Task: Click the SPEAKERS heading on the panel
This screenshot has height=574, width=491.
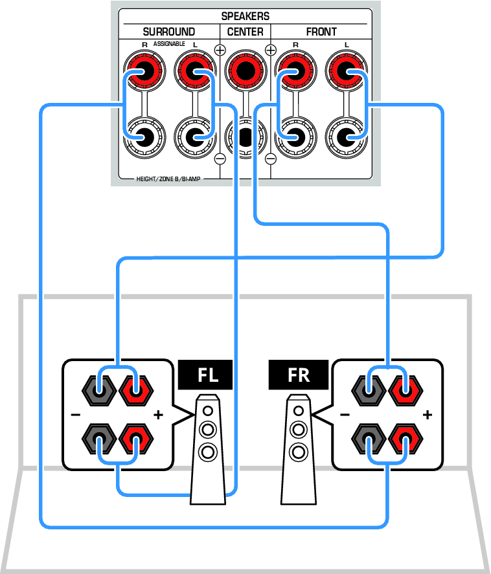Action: pyautogui.click(x=245, y=16)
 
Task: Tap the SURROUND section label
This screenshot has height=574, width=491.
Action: pyautogui.click(x=169, y=32)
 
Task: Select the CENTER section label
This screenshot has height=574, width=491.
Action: pyautogui.click(x=245, y=32)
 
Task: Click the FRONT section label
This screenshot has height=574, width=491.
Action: pyautogui.click(x=321, y=32)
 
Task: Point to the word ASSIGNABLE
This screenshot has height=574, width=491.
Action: pyautogui.click(x=169, y=44)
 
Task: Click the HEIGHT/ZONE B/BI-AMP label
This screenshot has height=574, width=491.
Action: pyautogui.click(x=168, y=179)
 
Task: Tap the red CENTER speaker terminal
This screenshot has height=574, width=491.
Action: pyautogui.click(x=245, y=71)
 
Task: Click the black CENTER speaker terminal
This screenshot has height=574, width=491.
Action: pyautogui.click(x=245, y=137)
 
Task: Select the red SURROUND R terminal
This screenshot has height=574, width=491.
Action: pyautogui.click(x=144, y=71)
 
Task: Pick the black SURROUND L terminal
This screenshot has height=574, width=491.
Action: pyautogui.click(x=195, y=137)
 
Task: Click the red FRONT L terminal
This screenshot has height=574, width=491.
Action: pyautogui.click(x=347, y=71)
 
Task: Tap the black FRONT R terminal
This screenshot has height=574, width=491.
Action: pyautogui.click(x=295, y=137)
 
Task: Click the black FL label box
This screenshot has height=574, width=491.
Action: pyautogui.click(x=205, y=375)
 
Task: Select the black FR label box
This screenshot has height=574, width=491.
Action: pyautogui.click(x=298, y=375)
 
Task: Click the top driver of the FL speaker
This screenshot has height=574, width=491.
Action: pyautogui.click(x=208, y=411)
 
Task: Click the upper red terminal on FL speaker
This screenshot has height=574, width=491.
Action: pyautogui.click(x=136, y=390)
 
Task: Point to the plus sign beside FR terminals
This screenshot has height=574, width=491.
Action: pyautogui.click(x=428, y=415)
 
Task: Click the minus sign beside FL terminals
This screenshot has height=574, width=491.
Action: pyautogui.click(x=76, y=415)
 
